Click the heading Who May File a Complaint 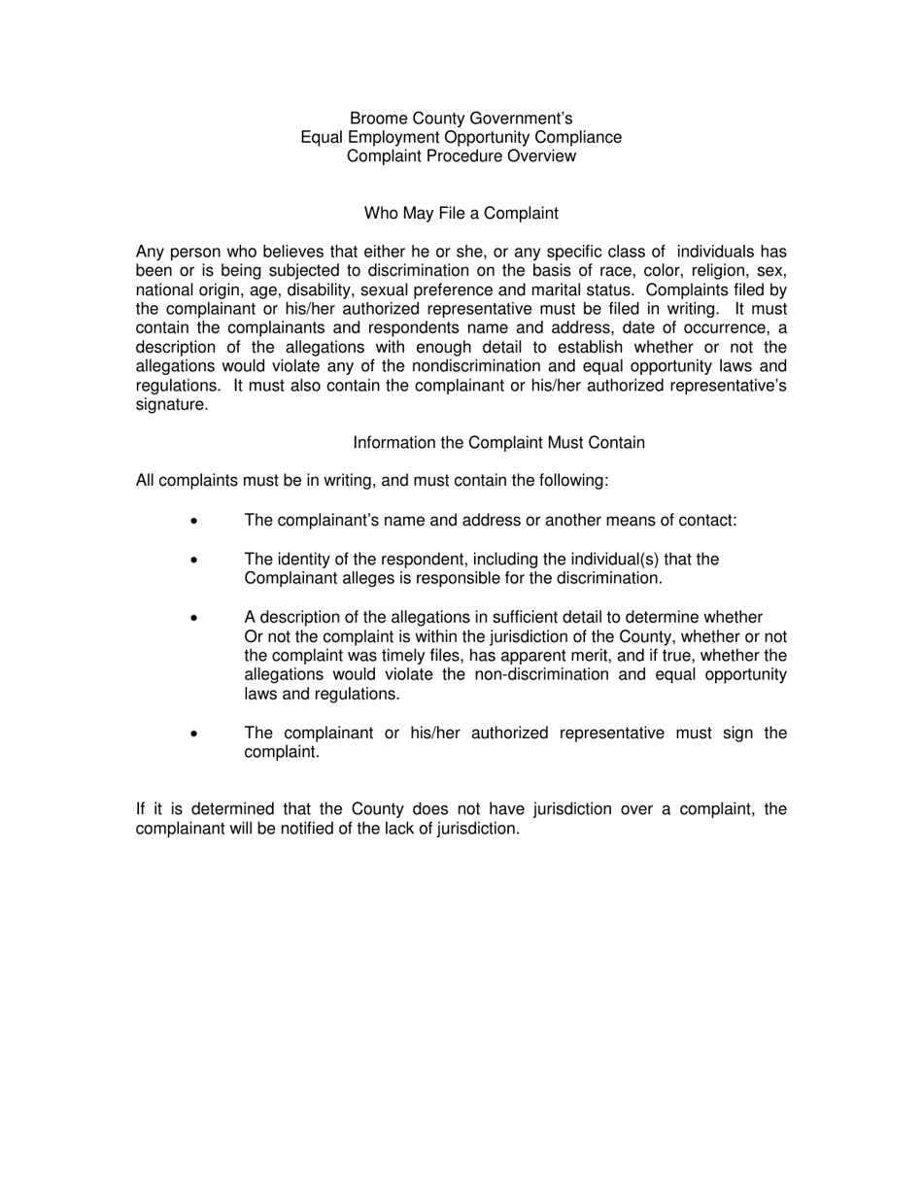click(x=461, y=213)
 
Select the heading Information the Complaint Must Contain click(x=498, y=443)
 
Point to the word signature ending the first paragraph click(x=170, y=405)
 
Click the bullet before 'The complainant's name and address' click(x=194, y=522)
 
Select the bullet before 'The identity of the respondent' click(x=194, y=561)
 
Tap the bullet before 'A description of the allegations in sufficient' click(x=194, y=618)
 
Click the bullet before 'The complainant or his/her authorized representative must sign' click(x=194, y=734)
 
